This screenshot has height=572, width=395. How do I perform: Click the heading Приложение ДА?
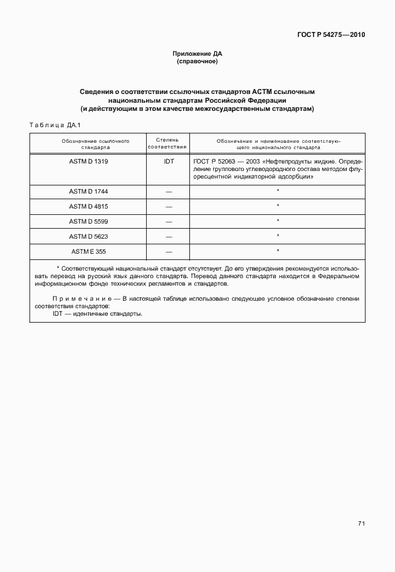[x=197, y=54]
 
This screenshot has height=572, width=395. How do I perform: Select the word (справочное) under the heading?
[x=197, y=61]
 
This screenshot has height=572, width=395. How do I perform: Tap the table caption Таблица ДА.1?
[x=52, y=125]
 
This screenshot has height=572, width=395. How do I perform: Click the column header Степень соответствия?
[x=167, y=144]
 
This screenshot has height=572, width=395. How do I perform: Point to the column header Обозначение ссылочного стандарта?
[x=87, y=144]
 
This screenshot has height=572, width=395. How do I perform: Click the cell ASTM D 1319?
[x=87, y=161]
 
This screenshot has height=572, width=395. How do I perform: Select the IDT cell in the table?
[x=167, y=161]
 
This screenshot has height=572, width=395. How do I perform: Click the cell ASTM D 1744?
[x=87, y=190]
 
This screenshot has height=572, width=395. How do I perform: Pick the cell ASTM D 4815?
[x=87, y=205]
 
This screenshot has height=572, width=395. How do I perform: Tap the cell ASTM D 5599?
[x=87, y=221]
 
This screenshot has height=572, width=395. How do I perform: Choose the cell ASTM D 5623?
[x=87, y=236]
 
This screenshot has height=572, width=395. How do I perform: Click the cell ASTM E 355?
[x=87, y=251]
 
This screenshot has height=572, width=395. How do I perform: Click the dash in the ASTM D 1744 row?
[x=167, y=190]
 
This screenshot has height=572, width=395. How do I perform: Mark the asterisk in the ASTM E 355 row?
[x=278, y=251]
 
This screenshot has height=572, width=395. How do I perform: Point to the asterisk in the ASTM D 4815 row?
[x=278, y=205]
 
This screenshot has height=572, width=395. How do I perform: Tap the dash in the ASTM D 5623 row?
[x=167, y=236]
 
